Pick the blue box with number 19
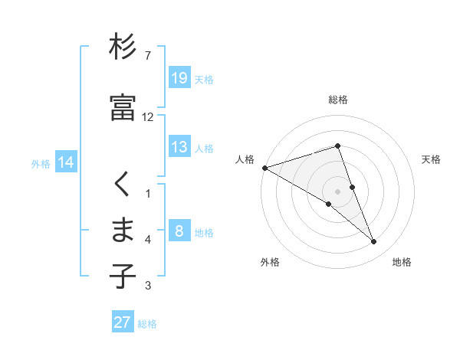pos(179,77)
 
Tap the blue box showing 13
pos(179,147)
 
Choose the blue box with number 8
pos(179,231)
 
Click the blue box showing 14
pos(65,162)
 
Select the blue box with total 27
pos(123,322)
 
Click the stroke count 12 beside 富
pos(148,117)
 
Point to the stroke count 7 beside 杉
pos(148,57)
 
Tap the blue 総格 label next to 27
pos(147,324)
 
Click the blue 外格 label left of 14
pos(41,164)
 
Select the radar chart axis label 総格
pos(338,100)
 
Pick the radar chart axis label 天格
pos(432,159)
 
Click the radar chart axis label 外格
pos(270,263)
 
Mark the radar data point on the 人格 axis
pos(264,168)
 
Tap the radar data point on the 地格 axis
pos(374,242)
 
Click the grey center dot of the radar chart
pos(338,191)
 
